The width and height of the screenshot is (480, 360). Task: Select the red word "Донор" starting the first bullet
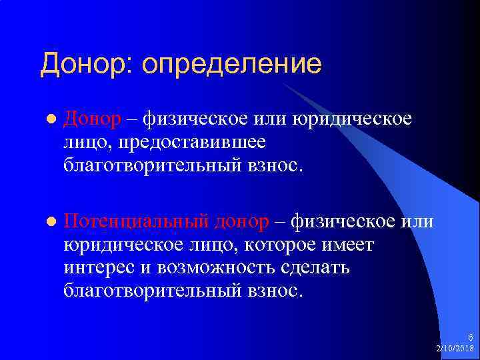click(93, 119)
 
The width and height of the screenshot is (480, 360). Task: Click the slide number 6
click(471, 337)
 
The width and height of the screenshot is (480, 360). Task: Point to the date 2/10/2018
click(455, 349)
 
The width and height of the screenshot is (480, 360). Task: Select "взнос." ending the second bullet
click(279, 290)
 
